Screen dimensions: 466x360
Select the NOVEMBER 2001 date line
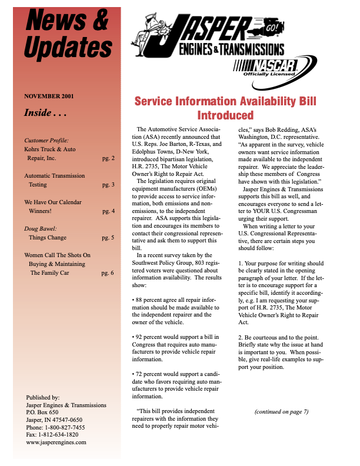point(49,96)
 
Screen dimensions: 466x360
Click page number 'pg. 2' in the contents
point(108,158)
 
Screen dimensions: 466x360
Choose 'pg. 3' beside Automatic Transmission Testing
point(108,185)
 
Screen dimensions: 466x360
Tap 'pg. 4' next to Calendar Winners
point(108,211)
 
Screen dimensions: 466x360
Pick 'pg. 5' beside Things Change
point(108,238)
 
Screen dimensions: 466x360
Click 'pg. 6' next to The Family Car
point(108,273)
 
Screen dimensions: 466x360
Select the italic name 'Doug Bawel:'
point(40,229)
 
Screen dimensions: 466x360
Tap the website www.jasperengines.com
point(56,442)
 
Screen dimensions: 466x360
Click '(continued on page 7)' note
point(281,411)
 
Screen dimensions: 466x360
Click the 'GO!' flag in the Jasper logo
point(272,28)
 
